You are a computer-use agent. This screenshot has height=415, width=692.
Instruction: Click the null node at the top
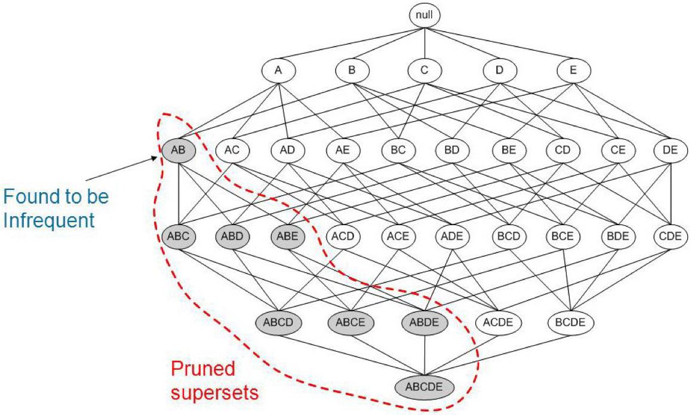pyautogui.click(x=425, y=15)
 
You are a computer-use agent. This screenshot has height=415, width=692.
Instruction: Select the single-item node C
pyautogui.click(x=425, y=71)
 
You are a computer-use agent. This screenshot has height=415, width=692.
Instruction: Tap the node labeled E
pyautogui.click(x=573, y=71)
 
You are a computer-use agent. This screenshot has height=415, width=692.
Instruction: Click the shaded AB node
pyautogui.click(x=179, y=150)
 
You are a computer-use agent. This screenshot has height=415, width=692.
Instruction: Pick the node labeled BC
pyautogui.click(x=398, y=150)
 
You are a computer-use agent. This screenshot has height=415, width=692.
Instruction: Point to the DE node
pyautogui.click(x=671, y=150)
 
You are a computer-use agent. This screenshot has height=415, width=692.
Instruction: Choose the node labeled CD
pyautogui.click(x=562, y=150)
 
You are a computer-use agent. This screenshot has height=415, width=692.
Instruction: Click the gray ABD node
pyautogui.click(x=233, y=236)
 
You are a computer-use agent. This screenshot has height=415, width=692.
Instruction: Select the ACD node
pyautogui.click(x=343, y=236)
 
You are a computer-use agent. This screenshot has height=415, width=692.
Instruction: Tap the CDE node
pyautogui.click(x=671, y=236)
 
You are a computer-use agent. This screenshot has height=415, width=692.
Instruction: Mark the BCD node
pyautogui.click(x=508, y=236)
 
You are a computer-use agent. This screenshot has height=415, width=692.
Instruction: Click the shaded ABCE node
pyautogui.click(x=351, y=322)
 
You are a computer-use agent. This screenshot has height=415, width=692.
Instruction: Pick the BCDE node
pyautogui.click(x=571, y=322)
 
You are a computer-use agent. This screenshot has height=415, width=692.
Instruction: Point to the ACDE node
pyautogui.click(x=497, y=322)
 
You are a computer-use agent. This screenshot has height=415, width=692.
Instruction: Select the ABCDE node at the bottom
pyautogui.click(x=425, y=386)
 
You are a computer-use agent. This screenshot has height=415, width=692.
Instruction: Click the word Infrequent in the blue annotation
pyautogui.click(x=49, y=220)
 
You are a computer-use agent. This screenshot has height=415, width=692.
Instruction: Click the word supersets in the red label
pyautogui.click(x=215, y=393)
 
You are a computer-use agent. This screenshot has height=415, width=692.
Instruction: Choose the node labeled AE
pyautogui.click(x=343, y=150)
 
